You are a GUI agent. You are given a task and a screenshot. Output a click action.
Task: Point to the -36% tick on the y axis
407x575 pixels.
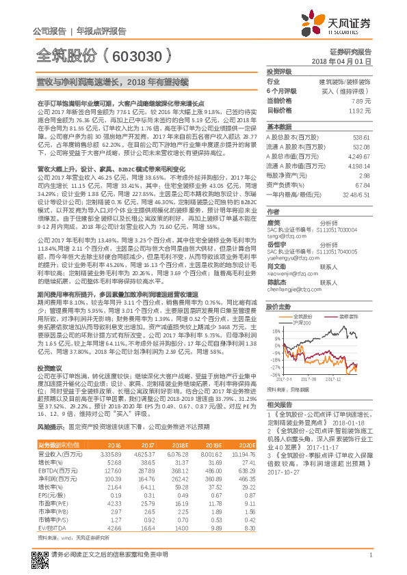[273, 374]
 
